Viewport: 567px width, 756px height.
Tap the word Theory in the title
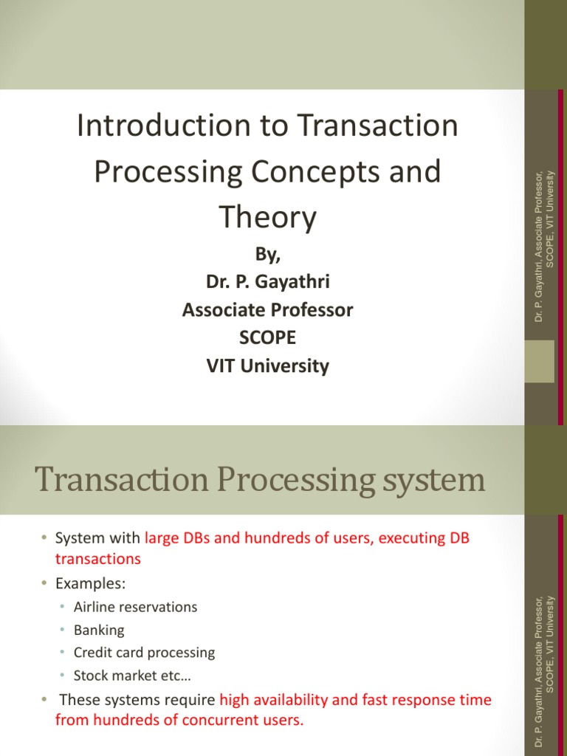click(x=267, y=217)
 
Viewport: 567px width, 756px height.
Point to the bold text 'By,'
click(x=267, y=254)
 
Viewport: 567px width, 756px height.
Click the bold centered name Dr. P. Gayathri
click(x=267, y=282)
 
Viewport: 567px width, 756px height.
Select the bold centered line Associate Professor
click(x=267, y=310)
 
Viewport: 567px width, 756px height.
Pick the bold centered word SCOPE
click(x=267, y=337)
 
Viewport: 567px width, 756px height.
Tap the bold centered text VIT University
click(x=267, y=365)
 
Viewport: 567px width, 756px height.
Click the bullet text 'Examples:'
click(x=91, y=583)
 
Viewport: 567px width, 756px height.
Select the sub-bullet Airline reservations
click(x=135, y=607)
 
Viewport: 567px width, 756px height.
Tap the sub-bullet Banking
click(x=99, y=630)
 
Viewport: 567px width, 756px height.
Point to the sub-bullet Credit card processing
click(x=144, y=653)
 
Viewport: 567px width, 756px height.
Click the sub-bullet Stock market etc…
click(x=126, y=676)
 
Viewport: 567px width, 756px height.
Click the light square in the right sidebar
click(x=539, y=361)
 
